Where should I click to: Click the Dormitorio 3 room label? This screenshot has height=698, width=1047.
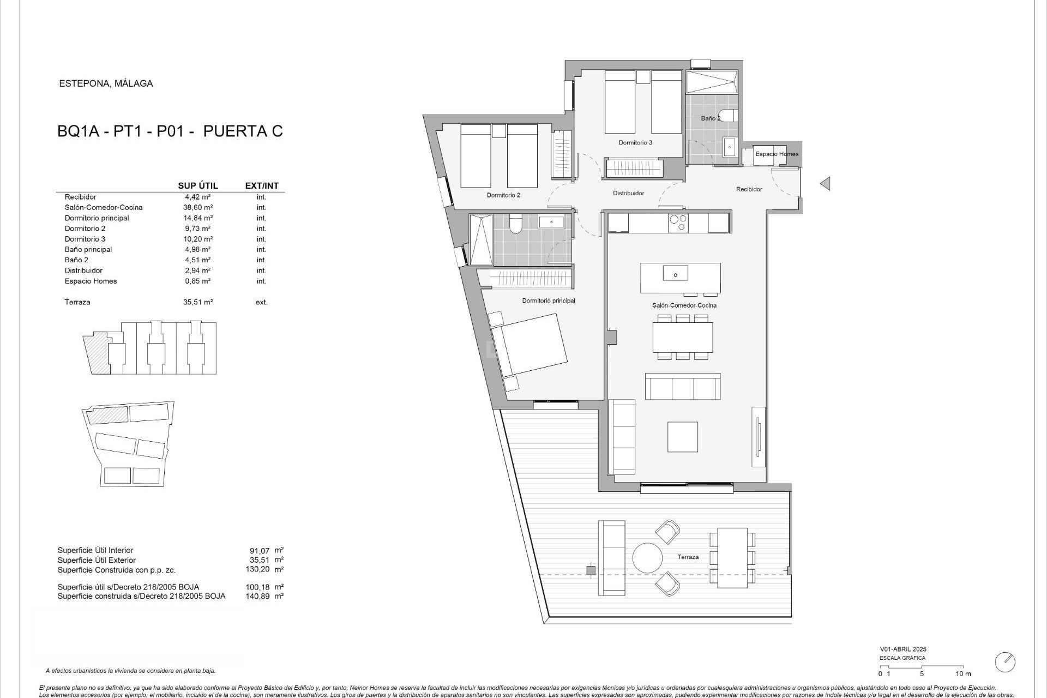point(635,143)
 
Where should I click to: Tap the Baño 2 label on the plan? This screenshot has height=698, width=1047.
point(711,118)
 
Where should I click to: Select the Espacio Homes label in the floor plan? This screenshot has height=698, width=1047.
point(777,154)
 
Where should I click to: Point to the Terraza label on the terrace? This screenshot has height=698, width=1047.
point(688,557)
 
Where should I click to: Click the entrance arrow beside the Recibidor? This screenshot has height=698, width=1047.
point(825,184)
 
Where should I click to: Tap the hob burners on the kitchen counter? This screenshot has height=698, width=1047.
point(678,222)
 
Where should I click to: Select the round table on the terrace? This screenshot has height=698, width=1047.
point(647,557)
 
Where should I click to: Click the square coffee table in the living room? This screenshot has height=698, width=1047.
point(682,436)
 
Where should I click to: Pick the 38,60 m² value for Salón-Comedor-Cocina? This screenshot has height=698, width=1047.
point(198,208)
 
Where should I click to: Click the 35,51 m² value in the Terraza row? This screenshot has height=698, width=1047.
point(198,302)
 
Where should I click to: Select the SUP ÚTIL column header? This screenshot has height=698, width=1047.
point(198,186)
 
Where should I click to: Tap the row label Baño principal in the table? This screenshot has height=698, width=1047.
point(88,250)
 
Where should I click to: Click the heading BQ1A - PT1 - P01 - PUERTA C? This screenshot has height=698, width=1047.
point(170,131)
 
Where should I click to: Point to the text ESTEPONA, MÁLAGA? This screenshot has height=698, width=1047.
point(106,84)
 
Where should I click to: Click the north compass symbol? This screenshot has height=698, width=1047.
point(1005,662)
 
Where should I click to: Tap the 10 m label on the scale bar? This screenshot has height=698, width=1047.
point(963,674)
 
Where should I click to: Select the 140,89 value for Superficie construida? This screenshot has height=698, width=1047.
point(257,597)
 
